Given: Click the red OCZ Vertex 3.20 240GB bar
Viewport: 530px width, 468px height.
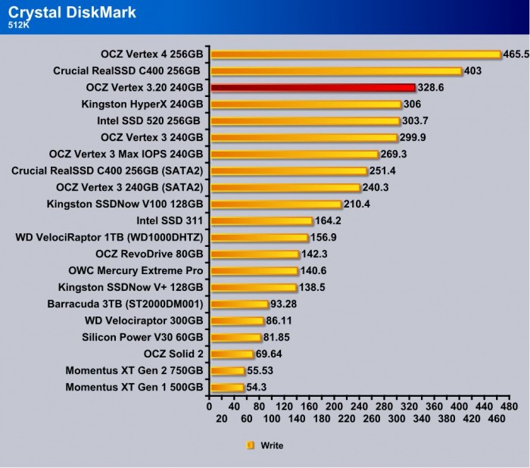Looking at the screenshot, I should click(313, 88).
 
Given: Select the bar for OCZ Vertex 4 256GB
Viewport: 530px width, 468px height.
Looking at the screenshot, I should click(356, 55).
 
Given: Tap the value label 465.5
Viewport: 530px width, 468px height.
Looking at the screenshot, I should click(516, 55).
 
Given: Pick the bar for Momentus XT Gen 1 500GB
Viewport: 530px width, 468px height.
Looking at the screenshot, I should click(227, 387).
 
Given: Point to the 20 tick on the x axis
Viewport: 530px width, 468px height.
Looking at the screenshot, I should click(223, 418).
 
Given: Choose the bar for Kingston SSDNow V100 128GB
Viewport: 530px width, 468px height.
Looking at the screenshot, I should click(276, 204).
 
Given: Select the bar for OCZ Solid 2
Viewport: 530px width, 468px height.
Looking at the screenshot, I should click(232, 354).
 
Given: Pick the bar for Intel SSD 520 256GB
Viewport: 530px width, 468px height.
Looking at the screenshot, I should click(304, 121).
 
